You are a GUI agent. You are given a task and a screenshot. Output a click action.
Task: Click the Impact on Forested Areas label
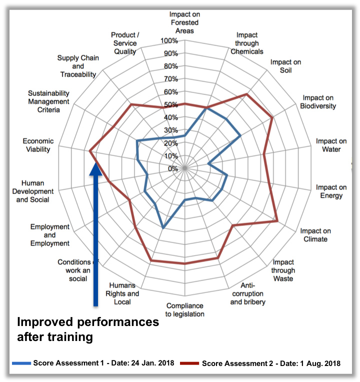(x=184, y=22)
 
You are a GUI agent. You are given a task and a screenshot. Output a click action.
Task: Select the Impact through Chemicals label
(x=247, y=43)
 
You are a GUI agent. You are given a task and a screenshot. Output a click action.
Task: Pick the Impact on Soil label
(x=285, y=66)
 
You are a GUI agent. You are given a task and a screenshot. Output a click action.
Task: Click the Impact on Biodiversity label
(x=318, y=102)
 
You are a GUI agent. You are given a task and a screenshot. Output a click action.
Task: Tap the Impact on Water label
(x=331, y=145)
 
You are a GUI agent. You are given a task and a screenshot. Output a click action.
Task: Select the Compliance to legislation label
(x=185, y=309)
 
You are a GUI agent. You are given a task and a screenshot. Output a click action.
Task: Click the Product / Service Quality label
(x=124, y=43)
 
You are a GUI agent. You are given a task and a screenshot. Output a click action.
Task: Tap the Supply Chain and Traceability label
(x=78, y=66)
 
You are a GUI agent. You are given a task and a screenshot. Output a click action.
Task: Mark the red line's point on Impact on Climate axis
(x=276, y=221)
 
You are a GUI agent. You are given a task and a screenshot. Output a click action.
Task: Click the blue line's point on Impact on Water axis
(x=208, y=163)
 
